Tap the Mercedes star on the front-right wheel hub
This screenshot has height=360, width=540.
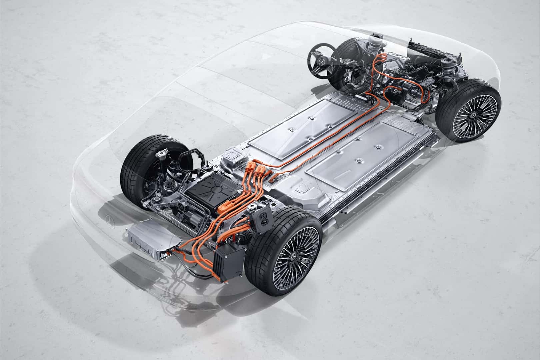coord(472,115)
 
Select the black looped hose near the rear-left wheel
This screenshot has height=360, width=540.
coord(188,157)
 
